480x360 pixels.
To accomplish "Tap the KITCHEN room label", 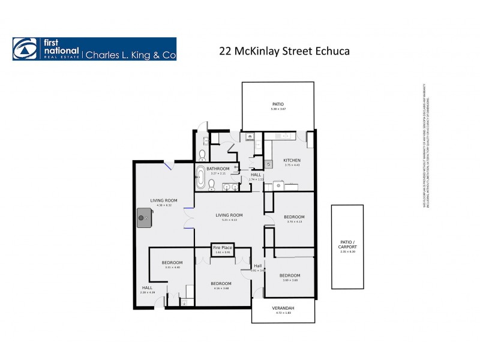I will (292, 161).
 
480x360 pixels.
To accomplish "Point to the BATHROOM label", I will (218, 169).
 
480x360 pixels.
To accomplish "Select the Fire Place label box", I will (222, 247).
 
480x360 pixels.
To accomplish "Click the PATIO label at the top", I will (278, 104).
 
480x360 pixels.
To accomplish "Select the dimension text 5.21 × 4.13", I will (230, 220).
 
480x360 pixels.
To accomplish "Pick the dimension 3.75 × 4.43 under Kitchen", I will (292, 166).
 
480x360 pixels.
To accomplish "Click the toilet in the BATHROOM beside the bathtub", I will (203, 154).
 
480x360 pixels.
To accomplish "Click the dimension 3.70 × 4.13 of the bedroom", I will (293, 222).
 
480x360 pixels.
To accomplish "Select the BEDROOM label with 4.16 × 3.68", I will (221, 283).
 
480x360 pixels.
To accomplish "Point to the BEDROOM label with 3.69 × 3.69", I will (290, 275).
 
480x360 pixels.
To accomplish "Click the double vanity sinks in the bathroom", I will (227, 187).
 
